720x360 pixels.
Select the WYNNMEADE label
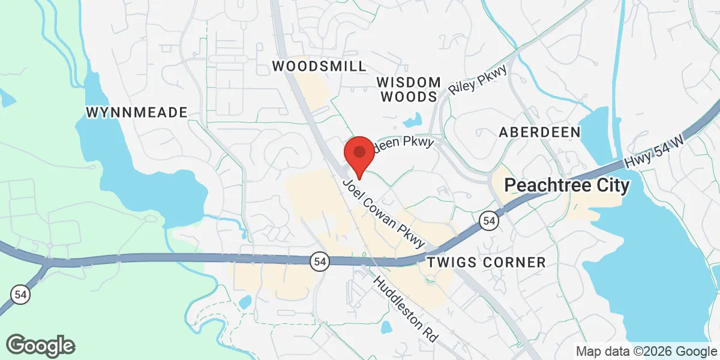(137, 112)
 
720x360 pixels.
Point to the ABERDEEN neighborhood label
(540, 132)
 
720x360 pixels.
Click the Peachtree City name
(567, 185)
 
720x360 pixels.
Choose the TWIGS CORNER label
(486, 262)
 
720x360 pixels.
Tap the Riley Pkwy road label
(478, 79)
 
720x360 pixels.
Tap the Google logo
(41, 346)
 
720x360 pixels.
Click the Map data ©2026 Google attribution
(646, 351)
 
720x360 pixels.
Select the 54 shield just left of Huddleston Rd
(319, 261)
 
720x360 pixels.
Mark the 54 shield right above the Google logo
(19, 295)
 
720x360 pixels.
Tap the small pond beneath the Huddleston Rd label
(386, 328)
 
